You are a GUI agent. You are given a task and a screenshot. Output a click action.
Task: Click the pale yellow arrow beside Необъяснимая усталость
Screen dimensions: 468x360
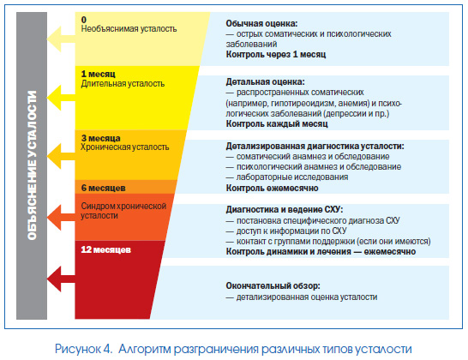pos(60,39)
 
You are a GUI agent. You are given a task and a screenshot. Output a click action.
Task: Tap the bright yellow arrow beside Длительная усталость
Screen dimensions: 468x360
pos(60,98)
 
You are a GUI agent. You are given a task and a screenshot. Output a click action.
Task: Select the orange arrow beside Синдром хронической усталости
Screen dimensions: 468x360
pos(60,218)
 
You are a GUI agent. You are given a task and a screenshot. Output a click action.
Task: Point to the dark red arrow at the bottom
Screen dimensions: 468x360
pos(60,279)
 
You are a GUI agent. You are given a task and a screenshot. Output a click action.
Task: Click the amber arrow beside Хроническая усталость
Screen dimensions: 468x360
pos(60,156)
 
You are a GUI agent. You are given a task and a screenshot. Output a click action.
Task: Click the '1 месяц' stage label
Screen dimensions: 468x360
pos(99,74)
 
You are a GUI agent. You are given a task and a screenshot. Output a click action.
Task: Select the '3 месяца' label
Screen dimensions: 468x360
pos(101,138)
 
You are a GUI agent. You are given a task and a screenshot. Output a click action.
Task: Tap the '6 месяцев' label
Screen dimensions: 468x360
pos(103,188)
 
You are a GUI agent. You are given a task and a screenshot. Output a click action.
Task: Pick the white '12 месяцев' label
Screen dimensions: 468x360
pos(106,249)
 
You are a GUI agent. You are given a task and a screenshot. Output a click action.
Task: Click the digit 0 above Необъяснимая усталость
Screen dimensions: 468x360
pos(84,20)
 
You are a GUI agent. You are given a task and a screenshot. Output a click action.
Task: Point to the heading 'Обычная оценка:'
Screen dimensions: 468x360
pos(261,23)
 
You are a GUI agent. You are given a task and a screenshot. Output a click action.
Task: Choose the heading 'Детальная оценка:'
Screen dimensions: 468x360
pos(266,81)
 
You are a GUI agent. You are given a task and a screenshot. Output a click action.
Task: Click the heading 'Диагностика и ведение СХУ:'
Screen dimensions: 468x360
pos(285,209)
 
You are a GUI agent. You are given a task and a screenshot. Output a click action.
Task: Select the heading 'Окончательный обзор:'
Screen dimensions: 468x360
pos(273,285)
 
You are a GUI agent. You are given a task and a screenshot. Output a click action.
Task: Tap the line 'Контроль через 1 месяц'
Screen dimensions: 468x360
pos(276,54)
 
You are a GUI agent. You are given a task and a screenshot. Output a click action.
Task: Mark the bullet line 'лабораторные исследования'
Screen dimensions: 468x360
pos(287,177)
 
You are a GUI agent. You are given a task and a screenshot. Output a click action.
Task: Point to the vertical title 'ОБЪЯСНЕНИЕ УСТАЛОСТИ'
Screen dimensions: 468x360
pos(32,165)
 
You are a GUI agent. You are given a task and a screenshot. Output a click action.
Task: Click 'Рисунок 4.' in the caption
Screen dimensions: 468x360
pos(84,349)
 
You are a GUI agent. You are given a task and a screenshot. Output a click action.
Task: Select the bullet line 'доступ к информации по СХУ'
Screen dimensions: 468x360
pos(286,231)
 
